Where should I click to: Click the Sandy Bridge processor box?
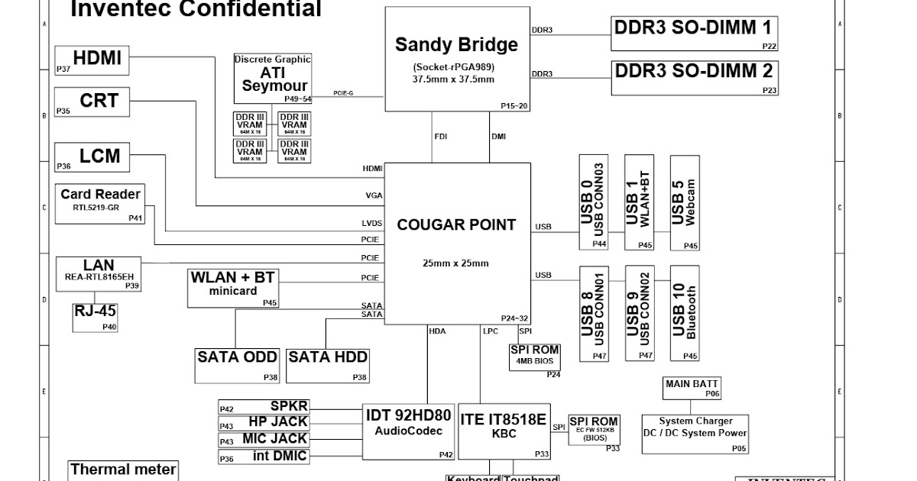point(456,59)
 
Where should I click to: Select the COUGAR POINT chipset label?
point(456,225)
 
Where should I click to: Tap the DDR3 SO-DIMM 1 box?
point(694,33)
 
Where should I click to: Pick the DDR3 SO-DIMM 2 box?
point(694,77)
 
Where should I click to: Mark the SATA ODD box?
point(238,365)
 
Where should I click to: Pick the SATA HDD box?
point(328,365)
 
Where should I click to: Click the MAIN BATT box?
point(692,388)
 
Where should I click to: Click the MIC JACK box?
point(264,440)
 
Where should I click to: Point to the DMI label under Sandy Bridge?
point(498,137)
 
